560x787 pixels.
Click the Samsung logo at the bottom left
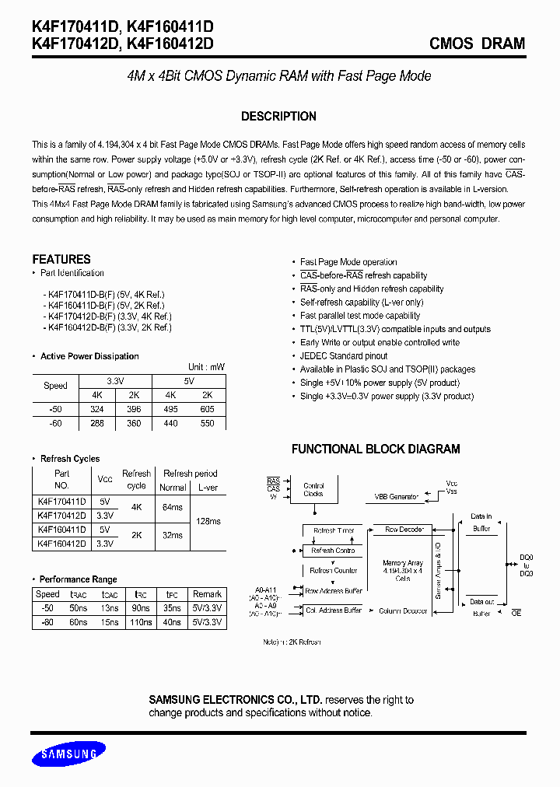(68, 754)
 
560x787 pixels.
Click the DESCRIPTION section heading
(278, 117)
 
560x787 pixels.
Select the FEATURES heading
(61, 259)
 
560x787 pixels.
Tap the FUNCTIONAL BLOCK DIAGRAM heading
(376, 449)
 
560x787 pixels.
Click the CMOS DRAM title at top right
(477, 44)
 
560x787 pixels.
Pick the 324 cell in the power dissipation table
(97, 409)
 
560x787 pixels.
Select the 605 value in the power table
(207, 409)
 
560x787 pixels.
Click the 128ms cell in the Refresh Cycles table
(208, 519)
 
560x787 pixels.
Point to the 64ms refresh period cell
(172, 507)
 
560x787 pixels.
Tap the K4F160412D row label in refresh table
(61, 544)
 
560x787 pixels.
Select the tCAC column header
(110, 594)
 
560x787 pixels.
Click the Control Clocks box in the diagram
(314, 489)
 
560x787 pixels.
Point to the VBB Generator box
(397, 496)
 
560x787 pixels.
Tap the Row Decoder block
(404, 530)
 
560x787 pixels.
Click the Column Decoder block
(403, 611)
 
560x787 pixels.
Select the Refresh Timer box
(334, 530)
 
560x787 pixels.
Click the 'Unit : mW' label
(206, 367)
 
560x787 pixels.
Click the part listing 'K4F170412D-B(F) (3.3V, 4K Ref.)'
(110, 317)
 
